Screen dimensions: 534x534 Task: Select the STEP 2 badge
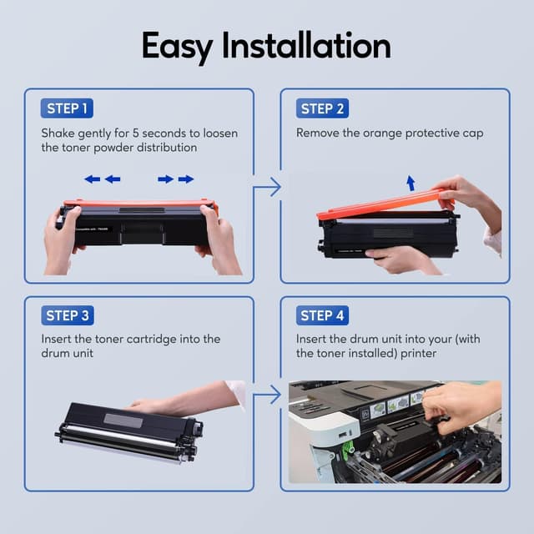click(322, 108)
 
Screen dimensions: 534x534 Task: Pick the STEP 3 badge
click(67, 315)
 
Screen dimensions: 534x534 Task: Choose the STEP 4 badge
click(322, 315)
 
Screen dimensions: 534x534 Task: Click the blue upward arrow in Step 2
click(410, 183)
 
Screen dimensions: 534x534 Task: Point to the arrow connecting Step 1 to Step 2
click(267, 188)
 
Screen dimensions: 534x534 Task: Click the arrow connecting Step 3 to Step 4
click(267, 395)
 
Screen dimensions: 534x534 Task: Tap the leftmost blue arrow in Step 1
click(92, 179)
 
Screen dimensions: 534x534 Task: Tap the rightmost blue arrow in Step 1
click(186, 179)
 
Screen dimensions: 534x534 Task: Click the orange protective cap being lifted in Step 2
click(384, 204)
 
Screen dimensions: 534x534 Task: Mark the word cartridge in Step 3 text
click(162, 339)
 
